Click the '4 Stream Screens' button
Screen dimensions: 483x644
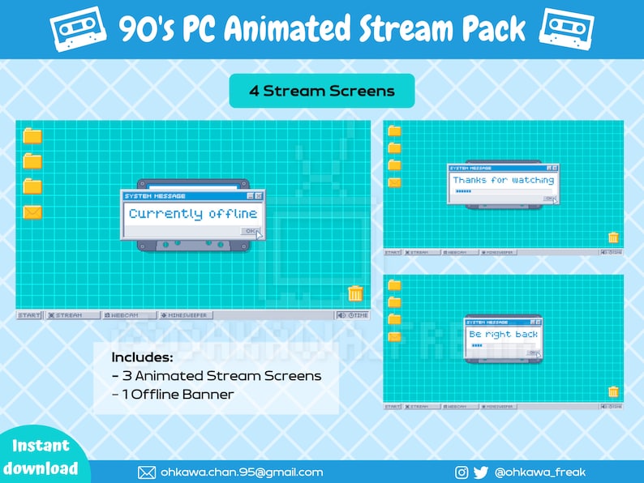coord(322,91)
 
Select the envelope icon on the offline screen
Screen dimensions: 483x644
coord(32,212)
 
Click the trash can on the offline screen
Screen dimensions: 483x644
coord(355,293)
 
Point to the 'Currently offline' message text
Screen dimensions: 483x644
coord(193,214)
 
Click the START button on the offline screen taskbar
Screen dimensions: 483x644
coord(29,314)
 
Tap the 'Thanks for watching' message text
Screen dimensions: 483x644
coord(503,180)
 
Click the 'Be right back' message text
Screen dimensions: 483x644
coord(503,334)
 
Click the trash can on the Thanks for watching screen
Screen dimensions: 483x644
coord(613,237)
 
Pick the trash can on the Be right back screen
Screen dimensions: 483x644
coord(613,391)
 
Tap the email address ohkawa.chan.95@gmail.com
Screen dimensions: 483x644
coord(241,472)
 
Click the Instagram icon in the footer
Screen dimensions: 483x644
coord(462,472)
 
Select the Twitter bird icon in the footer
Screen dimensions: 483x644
coord(480,472)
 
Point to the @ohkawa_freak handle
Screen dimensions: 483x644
coord(539,472)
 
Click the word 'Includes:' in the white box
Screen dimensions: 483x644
coord(142,357)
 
